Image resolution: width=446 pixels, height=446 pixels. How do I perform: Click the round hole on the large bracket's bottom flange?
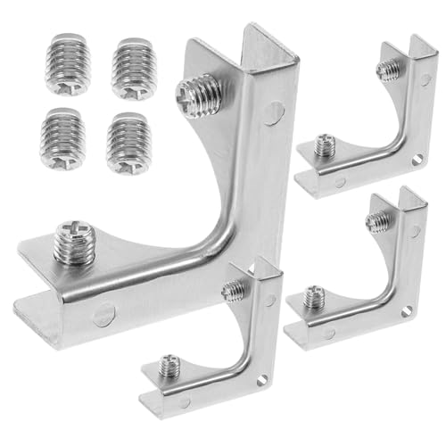click(x=103, y=313)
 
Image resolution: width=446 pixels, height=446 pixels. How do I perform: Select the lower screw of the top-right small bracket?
click(x=326, y=145)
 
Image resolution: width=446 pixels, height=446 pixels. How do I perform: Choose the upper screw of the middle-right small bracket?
click(x=378, y=220)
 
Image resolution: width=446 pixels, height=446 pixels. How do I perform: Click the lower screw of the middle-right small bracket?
click(x=314, y=297)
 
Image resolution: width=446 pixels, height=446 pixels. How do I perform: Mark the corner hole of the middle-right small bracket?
click(x=408, y=312)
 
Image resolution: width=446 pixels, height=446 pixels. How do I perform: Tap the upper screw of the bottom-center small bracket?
click(x=235, y=290)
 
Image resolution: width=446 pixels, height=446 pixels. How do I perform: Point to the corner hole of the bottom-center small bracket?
click(x=261, y=381)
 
